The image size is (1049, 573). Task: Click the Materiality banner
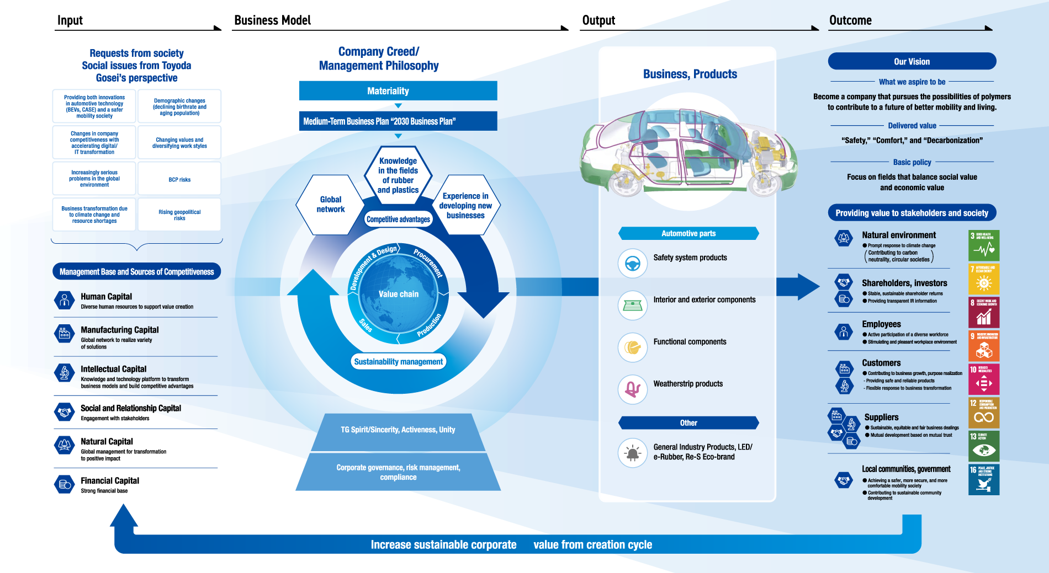pos(398,91)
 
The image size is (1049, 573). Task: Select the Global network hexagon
pos(330,205)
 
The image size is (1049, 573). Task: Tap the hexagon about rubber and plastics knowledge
pos(398,175)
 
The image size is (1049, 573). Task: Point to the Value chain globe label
pos(398,294)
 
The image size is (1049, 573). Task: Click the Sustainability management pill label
pos(398,362)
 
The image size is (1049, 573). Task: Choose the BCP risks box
pos(179,179)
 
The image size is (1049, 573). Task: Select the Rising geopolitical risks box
pos(179,215)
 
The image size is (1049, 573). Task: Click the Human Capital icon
pos(65,300)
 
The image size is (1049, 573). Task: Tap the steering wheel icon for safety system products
pos(632,264)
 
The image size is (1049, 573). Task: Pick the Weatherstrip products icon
pos(632,389)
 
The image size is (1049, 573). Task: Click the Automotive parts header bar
pos(688,233)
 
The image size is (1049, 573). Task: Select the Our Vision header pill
pos(912,62)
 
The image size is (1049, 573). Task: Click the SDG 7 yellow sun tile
pos(984,279)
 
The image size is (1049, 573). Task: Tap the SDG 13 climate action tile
pos(984,446)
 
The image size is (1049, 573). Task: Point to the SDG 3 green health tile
pos(984,245)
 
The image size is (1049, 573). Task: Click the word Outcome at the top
pos(850,20)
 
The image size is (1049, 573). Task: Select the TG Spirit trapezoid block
pos(398,430)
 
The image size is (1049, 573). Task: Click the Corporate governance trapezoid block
pos(398,472)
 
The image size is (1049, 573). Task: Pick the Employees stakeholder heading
pos(881,324)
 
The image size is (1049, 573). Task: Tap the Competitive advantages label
pos(398,219)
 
